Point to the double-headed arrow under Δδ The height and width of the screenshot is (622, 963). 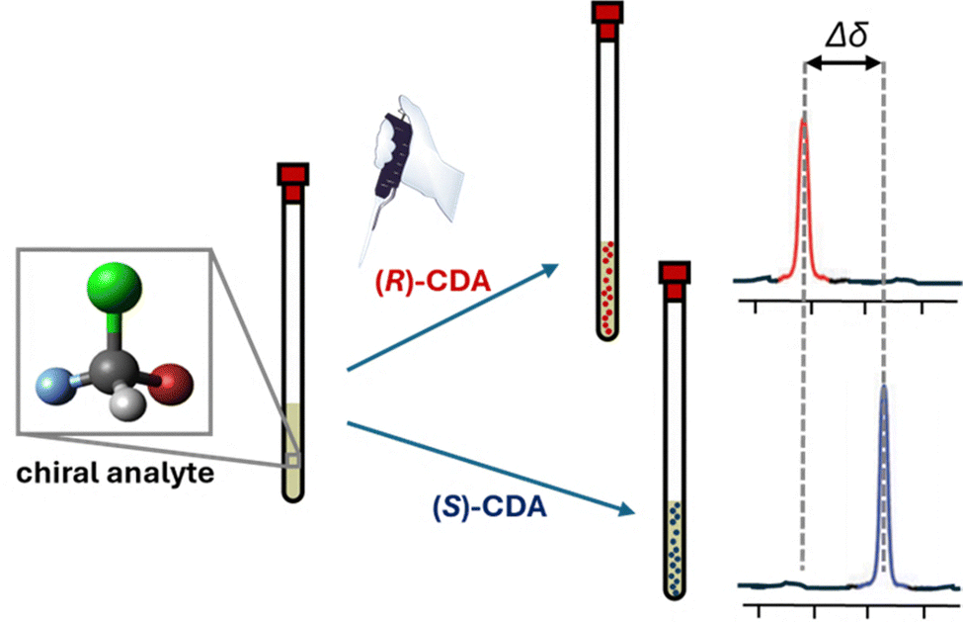coord(843,62)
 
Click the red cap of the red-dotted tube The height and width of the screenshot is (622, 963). coord(605,20)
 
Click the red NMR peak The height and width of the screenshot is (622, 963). coord(804,198)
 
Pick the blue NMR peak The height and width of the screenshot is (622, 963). coord(884,475)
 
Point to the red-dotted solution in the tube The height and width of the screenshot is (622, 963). coord(605,287)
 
